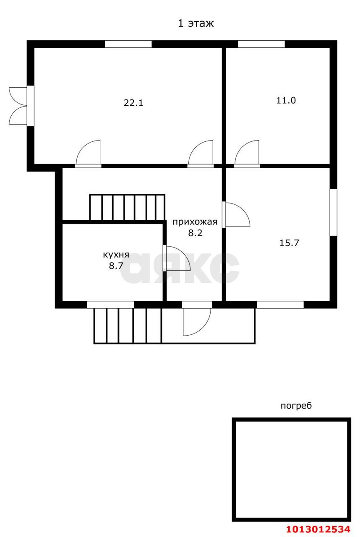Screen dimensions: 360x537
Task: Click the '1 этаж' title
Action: click(196, 23)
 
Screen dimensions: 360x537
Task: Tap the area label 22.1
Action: click(133, 103)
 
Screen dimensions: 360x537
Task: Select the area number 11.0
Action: click(286, 100)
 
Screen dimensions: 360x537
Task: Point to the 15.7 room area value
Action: click(289, 243)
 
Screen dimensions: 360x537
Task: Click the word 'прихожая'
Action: click(195, 222)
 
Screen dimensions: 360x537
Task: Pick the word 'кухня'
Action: click(116, 255)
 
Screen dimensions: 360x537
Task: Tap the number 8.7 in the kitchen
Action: click(116, 266)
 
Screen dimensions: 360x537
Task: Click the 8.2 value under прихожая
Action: click(195, 233)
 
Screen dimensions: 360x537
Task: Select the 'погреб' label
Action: click(296, 406)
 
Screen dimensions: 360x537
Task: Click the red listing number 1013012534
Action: click(318, 529)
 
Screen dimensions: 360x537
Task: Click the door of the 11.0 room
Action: click(247, 153)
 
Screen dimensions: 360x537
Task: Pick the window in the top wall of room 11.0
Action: click(261, 44)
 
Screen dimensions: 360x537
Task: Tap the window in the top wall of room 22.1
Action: click(128, 44)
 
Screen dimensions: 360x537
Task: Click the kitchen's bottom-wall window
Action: click(110, 305)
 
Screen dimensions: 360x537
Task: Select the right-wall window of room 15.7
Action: click(334, 212)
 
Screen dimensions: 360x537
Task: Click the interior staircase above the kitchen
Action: click(127, 207)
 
